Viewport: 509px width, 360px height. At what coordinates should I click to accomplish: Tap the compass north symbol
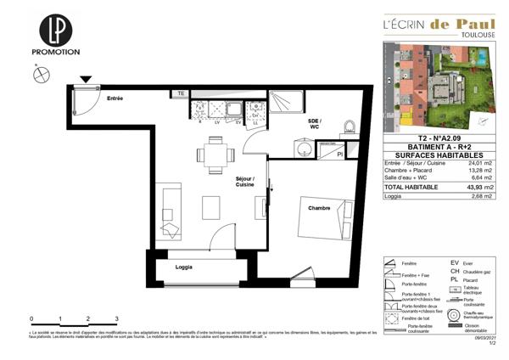tap(39, 76)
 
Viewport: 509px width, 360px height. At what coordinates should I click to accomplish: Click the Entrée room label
tap(115, 99)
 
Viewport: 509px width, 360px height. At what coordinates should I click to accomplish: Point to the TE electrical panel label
tap(181, 93)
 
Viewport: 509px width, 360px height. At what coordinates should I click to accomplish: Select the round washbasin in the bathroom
tap(301, 149)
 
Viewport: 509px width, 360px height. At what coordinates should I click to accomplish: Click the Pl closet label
tap(339, 154)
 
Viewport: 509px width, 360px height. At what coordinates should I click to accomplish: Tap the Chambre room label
tap(319, 208)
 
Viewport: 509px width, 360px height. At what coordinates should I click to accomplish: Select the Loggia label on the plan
tap(182, 267)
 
